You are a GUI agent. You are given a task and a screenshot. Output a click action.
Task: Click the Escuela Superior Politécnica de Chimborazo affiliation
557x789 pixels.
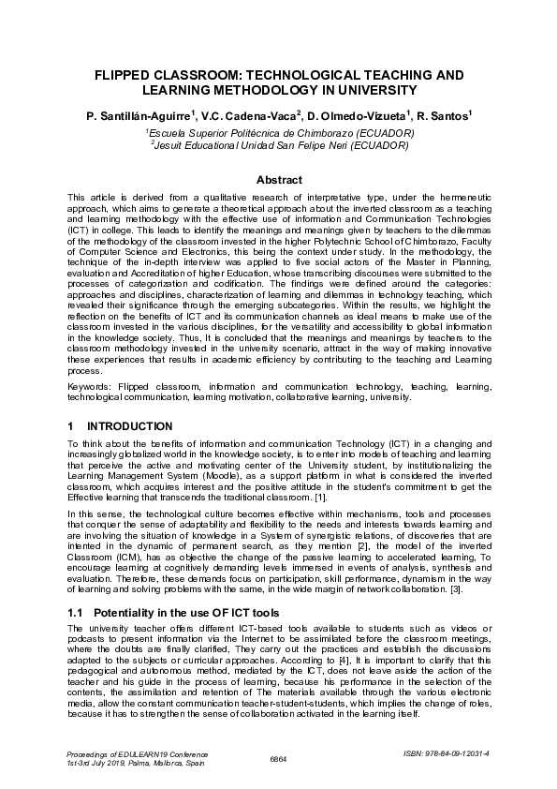pos(279,134)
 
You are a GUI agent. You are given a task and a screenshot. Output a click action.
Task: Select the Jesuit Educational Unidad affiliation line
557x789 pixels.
pos(279,146)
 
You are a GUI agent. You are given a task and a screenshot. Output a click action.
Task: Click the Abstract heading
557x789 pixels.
pos(278,179)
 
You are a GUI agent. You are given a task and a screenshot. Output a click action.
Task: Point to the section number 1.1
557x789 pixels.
pos(76,611)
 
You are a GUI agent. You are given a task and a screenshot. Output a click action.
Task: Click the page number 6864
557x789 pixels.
pos(278,758)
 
